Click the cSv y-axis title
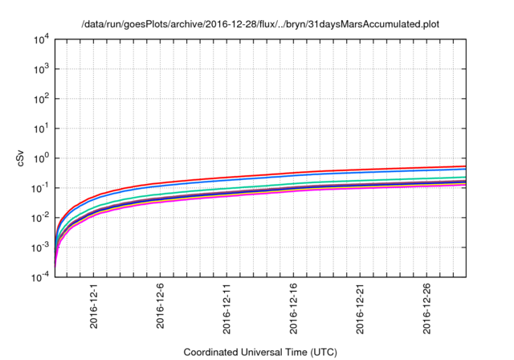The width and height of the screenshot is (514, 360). click(x=22, y=157)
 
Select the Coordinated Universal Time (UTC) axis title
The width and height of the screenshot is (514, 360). click(x=261, y=352)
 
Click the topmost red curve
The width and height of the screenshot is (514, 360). click(x=321, y=170)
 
